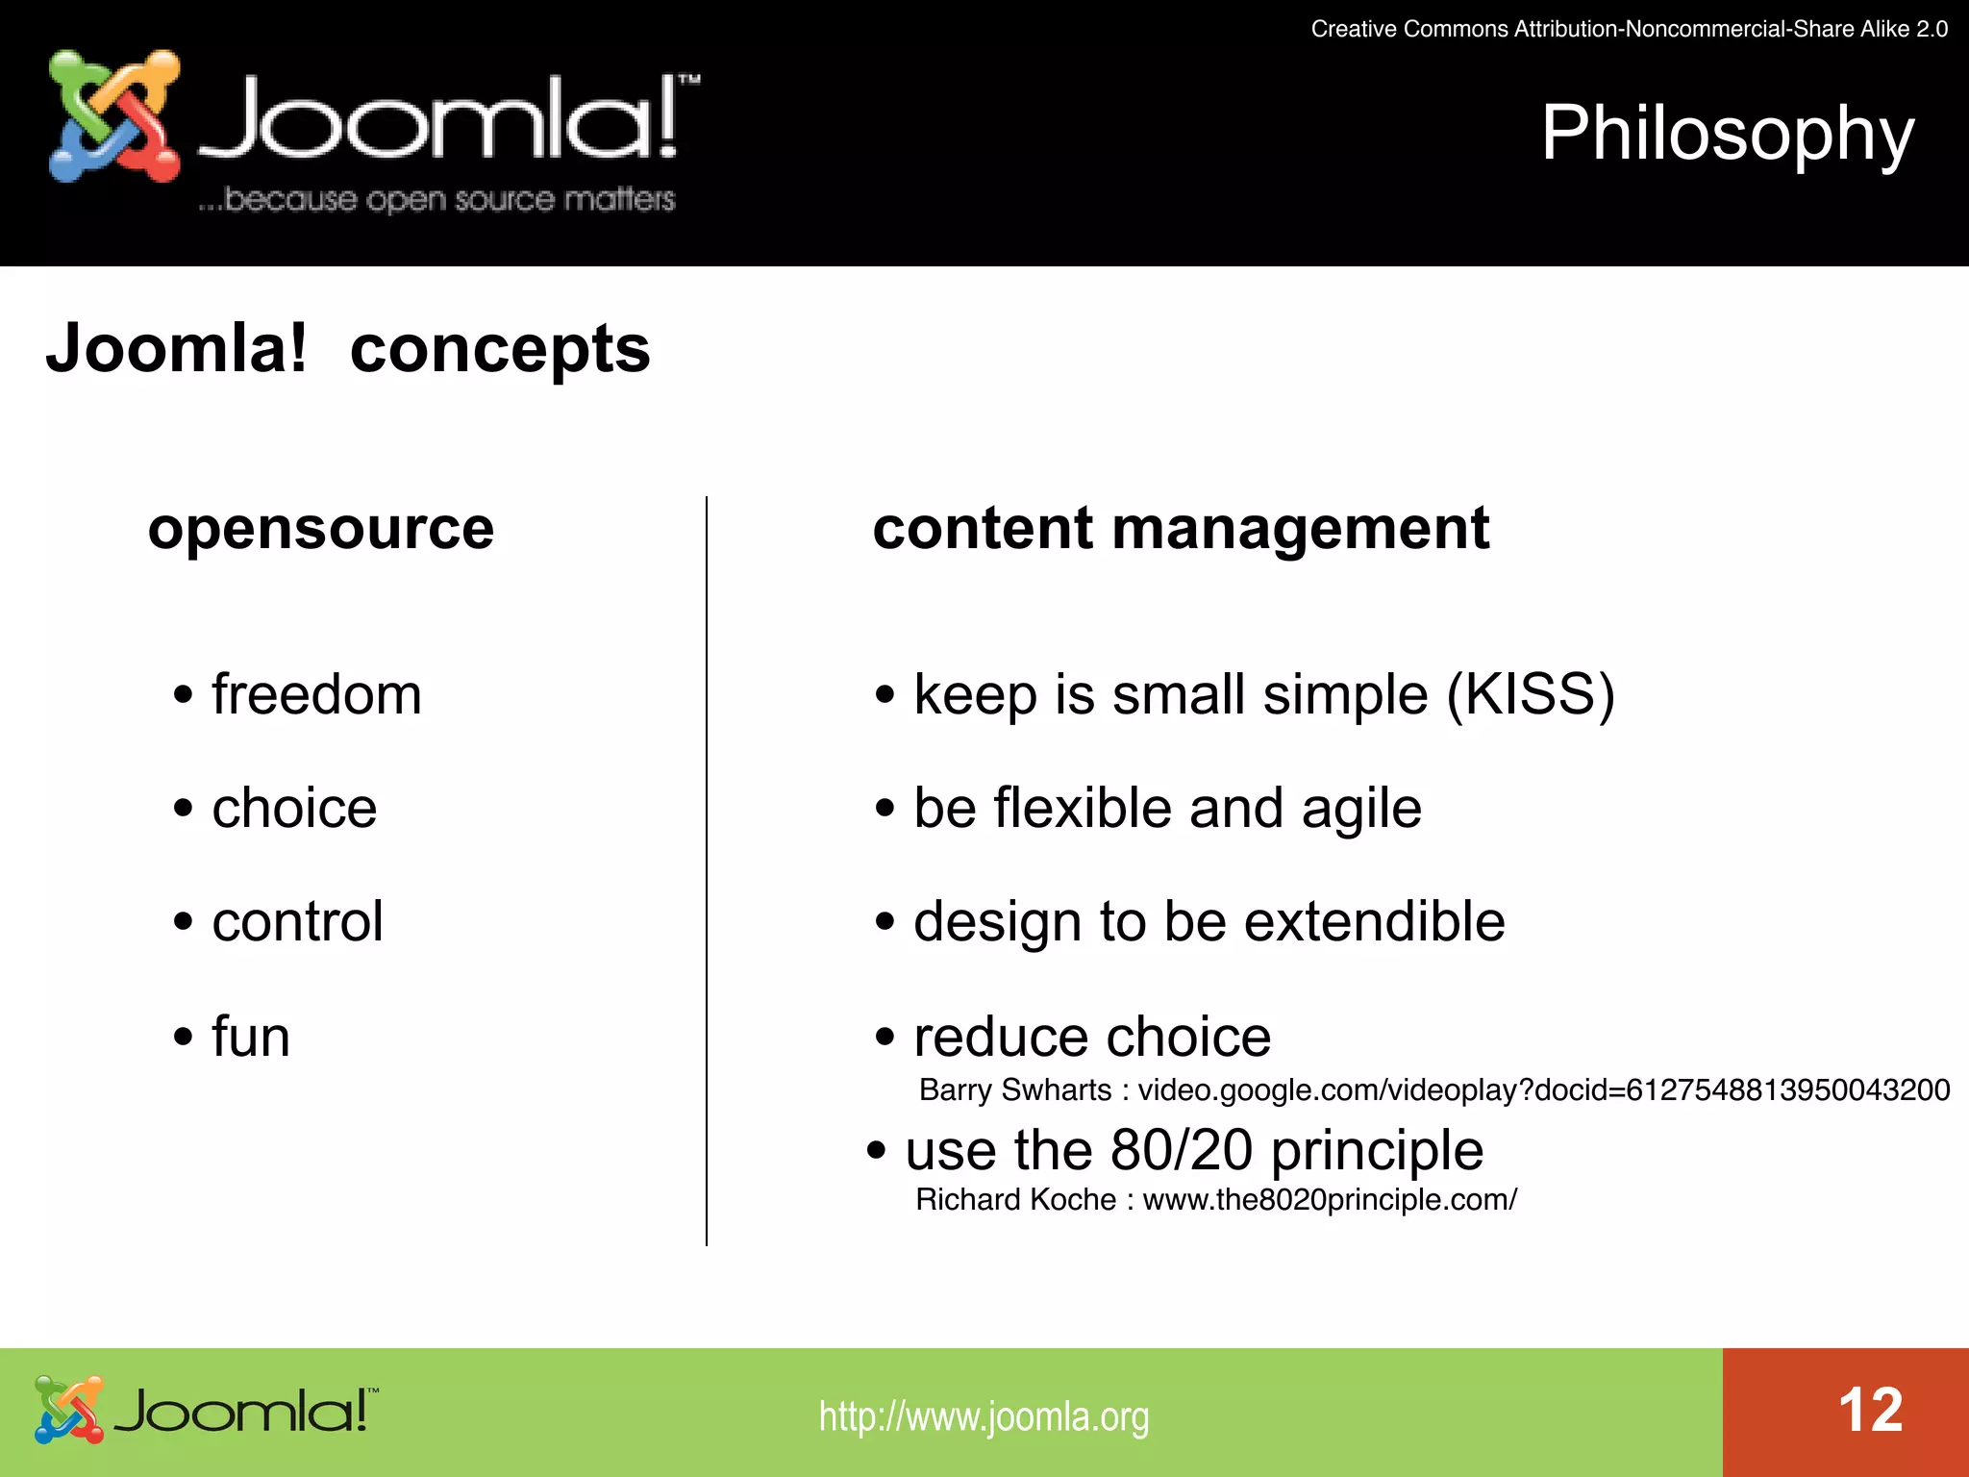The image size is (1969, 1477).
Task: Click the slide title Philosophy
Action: (x=1727, y=135)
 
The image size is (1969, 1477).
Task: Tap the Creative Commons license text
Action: (x=1629, y=29)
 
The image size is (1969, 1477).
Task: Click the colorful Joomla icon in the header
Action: (x=113, y=116)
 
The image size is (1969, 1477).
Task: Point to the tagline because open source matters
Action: (x=437, y=199)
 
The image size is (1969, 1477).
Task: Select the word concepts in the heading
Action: (x=500, y=349)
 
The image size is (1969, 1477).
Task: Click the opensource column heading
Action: (x=321, y=529)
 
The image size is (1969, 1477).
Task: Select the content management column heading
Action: (x=1181, y=529)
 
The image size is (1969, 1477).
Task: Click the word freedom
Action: (x=316, y=694)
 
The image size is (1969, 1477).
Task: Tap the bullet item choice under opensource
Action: (x=294, y=808)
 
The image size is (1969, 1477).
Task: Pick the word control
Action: (x=297, y=921)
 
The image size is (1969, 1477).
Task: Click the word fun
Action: (x=251, y=1037)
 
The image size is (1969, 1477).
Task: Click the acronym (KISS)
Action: (x=1531, y=694)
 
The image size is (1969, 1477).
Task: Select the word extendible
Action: (x=1374, y=921)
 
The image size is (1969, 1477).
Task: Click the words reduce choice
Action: (x=1092, y=1037)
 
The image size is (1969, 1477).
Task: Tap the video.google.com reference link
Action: (x=1543, y=1089)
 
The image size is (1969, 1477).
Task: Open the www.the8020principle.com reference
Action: (x=1330, y=1200)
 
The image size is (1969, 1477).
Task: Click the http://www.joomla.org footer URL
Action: (x=984, y=1416)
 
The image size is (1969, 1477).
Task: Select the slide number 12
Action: (x=1870, y=1411)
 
